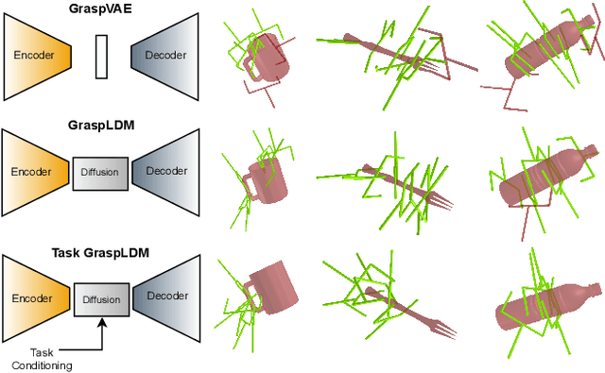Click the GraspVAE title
[x=100, y=8]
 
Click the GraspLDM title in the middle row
[x=100, y=123]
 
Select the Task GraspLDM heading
[x=100, y=253]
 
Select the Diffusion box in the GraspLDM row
[x=99, y=173]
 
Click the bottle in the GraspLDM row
[x=544, y=179]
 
